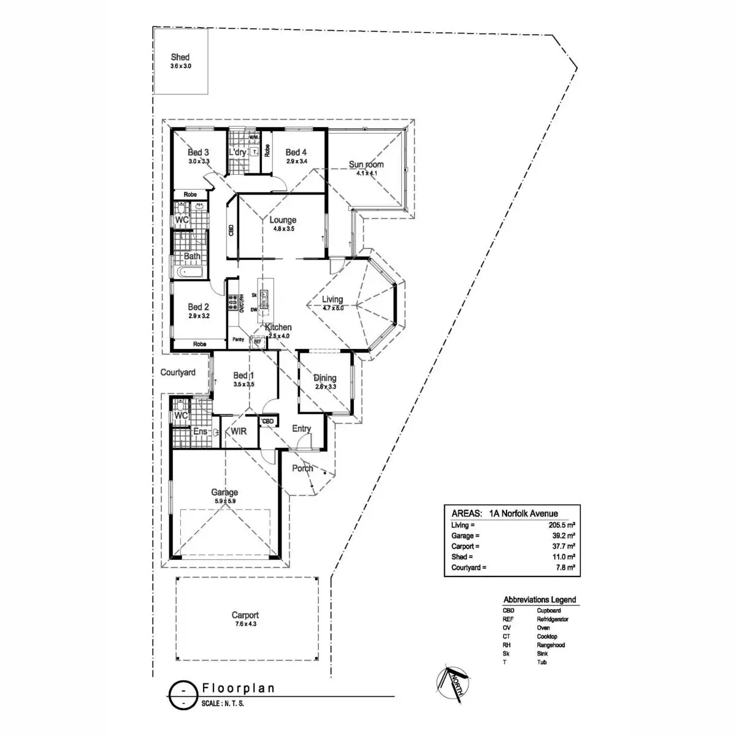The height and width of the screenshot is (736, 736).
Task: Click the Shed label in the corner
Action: (180, 57)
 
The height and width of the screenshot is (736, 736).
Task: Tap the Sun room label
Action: (366, 164)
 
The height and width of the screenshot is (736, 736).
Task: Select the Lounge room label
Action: (283, 220)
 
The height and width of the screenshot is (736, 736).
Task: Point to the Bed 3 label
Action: (198, 152)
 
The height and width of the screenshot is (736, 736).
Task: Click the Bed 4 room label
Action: (296, 152)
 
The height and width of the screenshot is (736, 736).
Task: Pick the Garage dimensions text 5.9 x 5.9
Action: (224, 501)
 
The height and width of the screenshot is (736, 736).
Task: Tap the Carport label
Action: (245, 615)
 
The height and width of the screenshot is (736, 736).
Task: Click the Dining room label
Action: (325, 378)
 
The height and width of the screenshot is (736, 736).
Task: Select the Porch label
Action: (302, 468)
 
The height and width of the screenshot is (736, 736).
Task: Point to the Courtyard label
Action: (178, 372)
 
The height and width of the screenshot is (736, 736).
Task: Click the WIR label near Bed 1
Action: (239, 431)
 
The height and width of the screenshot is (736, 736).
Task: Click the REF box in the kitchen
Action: (258, 341)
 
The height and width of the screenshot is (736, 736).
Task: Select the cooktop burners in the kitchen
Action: (233, 302)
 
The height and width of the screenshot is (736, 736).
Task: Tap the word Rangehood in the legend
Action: (551, 645)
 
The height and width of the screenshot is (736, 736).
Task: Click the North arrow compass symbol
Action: (452, 681)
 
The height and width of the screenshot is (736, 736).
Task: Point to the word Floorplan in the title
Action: (239, 688)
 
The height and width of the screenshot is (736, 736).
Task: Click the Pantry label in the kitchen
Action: (238, 339)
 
